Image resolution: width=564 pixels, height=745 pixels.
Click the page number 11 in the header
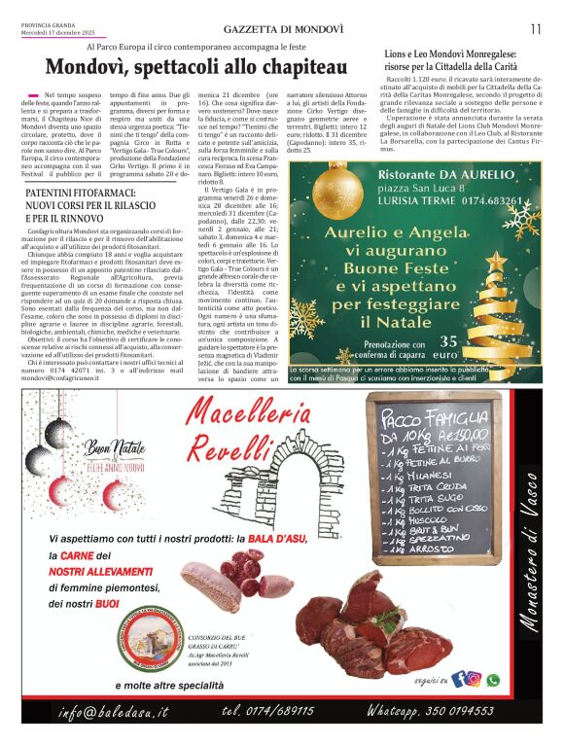pos(535,28)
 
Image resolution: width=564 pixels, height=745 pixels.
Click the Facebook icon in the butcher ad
pos(459,680)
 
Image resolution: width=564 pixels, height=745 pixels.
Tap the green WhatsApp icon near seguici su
pos(492,680)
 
